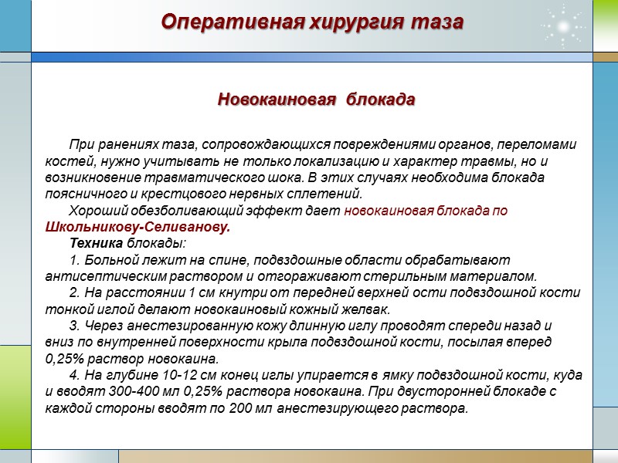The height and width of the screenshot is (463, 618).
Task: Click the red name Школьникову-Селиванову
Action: pos(138,228)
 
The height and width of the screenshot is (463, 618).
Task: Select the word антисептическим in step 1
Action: pos(97,276)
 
